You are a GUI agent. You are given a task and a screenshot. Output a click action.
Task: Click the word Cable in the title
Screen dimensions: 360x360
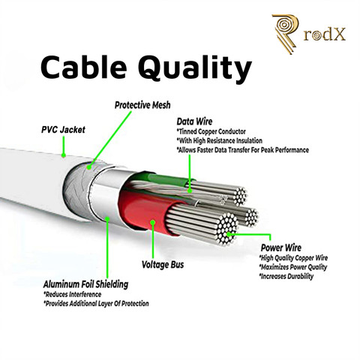pyautogui.click(x=83, y=67)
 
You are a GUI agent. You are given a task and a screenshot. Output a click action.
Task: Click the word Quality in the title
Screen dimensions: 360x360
pyautogui.click(x=195, y=69)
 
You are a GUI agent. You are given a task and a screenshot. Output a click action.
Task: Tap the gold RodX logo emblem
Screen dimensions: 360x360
pyautogui.click(x=286, y=34)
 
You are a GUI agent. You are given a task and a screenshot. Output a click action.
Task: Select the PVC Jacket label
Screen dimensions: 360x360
pyautogui.click(x=63, y=130)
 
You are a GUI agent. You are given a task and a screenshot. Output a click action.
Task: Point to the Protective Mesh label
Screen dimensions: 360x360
pyautogui.click(x=142, y=105)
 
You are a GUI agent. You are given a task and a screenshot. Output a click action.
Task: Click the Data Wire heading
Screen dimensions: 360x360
pyautogui.click(x=194, y=121)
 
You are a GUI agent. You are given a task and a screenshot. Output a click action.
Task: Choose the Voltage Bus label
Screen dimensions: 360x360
pyautogui.click(x=163, y=265)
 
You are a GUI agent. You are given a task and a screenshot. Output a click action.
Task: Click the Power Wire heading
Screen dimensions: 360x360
pyautogui.click(x=281, y=247)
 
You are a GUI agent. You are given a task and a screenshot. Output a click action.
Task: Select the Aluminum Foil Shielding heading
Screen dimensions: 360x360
pyautogui.click(x=85, y=284)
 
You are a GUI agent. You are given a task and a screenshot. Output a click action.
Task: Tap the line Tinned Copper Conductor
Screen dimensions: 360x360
pyautogui.click(x=211, y=131)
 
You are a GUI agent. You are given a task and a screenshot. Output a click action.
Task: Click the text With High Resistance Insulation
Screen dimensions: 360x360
pyautogui.click(x=220, y=141)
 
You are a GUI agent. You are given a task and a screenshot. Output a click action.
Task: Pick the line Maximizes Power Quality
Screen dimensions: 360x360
pyautogui.click(x=293, y=267)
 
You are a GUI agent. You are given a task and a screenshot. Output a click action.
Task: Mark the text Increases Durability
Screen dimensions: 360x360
pyautogui.click(x=286, y=276)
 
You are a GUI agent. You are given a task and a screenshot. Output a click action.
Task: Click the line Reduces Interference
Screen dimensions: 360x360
pyautogui.click(x=73, y=294)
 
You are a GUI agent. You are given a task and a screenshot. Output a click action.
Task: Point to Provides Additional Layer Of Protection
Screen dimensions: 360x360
pyautogui.click(x=96, y=304)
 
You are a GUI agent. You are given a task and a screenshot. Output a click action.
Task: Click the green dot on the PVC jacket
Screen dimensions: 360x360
pyautogui.click(x=64, y=155)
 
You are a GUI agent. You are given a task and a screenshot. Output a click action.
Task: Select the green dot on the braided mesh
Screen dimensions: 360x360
pyautogui.click(x=89, y=168)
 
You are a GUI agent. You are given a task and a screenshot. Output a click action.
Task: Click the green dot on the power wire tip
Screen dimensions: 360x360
pyautogui.click(x=228, y=234)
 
